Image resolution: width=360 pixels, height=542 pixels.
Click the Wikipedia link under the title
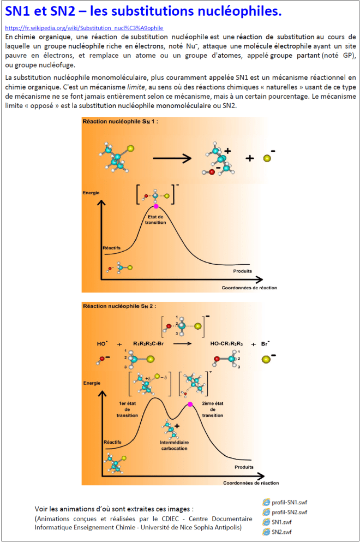pos(84,28)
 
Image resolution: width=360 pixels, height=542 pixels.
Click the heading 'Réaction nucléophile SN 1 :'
pos(120,122)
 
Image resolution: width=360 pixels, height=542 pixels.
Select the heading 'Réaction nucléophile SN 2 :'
pos(120,306)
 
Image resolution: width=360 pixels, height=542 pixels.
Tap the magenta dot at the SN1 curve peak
pos(156,206)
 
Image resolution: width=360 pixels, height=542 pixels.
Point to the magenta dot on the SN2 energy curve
pos(190,404)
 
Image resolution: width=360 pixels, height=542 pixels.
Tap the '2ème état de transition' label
pos(213,409)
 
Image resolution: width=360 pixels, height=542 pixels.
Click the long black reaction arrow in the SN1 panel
pos(171,158)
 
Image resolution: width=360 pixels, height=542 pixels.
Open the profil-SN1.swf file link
pos(289,502)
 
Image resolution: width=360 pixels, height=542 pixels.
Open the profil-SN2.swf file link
pos(289,512)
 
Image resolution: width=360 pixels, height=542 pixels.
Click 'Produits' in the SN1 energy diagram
pos(242,271)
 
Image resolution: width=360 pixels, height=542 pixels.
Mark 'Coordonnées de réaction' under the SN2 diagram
pos(250,483)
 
